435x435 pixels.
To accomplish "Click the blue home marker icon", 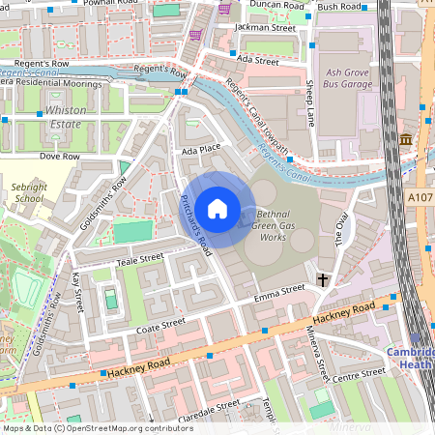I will tap(217, 208).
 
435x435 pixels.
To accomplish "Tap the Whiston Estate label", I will tap(66, 118).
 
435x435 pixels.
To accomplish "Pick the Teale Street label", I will tap(139, 258).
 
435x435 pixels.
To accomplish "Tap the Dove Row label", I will tap(58, 156).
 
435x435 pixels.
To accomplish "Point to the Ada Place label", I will tap(201, 149).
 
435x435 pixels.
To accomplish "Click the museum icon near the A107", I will tap(405, 140).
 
